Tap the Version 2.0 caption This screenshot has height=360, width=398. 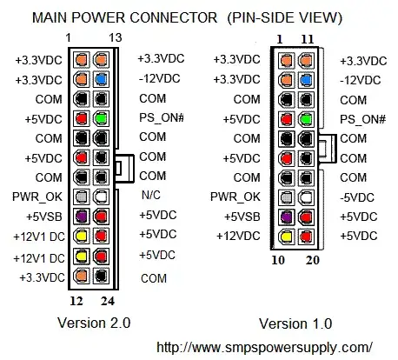93,322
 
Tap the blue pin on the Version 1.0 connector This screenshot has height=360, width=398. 306,79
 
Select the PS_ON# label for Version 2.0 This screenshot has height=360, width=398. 158,118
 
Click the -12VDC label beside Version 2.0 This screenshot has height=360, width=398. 157,79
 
